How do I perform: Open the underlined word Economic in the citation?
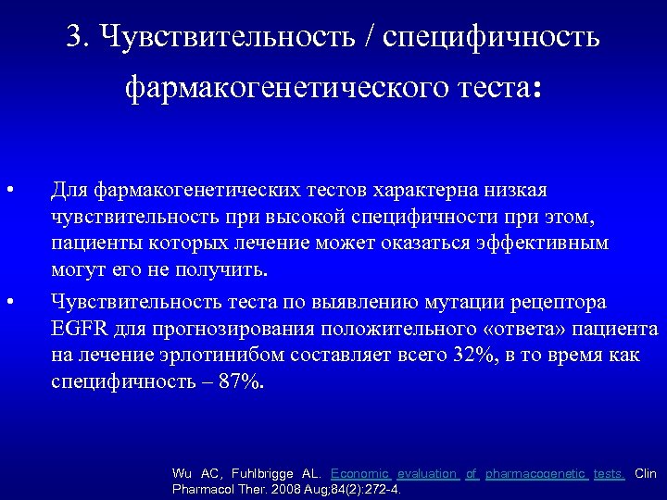coord(359,474)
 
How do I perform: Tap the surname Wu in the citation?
coord(182,474)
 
